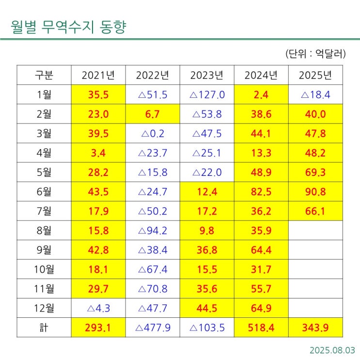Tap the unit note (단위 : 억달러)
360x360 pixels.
pyautogui.click(x=315, y=54)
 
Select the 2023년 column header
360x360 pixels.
pyautogui.click(x=207, y=75)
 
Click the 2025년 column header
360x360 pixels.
pyautogui.click(x=315, y=75)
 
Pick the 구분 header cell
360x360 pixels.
pyautogui.click(x=44, y=75)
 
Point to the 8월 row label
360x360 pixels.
pyautogui.click(x=44, y=231)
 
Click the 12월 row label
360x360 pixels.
pyautogui.click(x=44, y=308)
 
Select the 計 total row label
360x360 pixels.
pyautogui.click(x=44, y=328)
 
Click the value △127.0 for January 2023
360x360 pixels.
pyautogui.click(x=207, y=94)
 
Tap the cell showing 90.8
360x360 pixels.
pyautogui.click(x=315, y=192)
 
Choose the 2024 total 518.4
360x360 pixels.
pyautogui.click(x=261, y=328)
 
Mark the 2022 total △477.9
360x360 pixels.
pyautogui.click(x=153, y=328)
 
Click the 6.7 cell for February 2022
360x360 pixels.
pyautogui.click(x=153, y=114)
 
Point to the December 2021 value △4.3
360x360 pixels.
pyautogui.click(x=98, y=308)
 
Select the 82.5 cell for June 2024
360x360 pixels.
pyautogui.click(x=261, y=192)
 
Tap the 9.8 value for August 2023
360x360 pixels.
pyautogui.click(x=207, y=231)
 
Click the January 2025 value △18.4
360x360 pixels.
pyautogui.click(x=315, y=94)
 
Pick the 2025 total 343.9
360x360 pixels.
pyautogui.click(x=315, y=328)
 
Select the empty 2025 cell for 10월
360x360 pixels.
pyautogui.click(x=315, y=269)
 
